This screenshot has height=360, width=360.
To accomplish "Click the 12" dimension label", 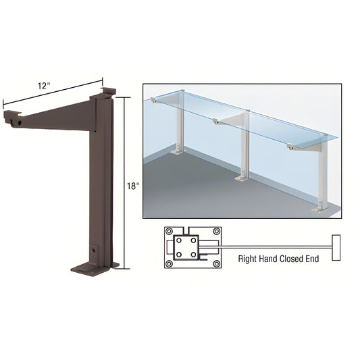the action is [44, 86].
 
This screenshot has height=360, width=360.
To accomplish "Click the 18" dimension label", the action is [133, 186].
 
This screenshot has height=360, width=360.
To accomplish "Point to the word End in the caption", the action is [312, 259].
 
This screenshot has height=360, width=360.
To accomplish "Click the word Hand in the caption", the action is [268, 259].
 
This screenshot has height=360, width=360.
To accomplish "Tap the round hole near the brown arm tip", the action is [20, 123].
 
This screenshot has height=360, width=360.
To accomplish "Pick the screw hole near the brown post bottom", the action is [94, 250].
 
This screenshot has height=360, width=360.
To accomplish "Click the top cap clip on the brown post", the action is [108, 91].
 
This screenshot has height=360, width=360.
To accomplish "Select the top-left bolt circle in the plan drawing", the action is [170, 231].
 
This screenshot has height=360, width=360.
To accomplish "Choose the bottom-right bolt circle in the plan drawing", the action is [217, 264].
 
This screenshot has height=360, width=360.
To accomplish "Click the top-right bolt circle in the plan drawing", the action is [217, 231].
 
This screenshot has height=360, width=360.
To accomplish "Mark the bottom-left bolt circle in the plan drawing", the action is [170, 264].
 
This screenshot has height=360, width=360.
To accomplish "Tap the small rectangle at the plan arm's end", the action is [336, 247].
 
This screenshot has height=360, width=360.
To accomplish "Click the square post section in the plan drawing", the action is [186, 247].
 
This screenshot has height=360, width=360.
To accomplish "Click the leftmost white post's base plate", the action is [178, 151].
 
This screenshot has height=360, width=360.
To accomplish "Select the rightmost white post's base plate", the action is [321, 209].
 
